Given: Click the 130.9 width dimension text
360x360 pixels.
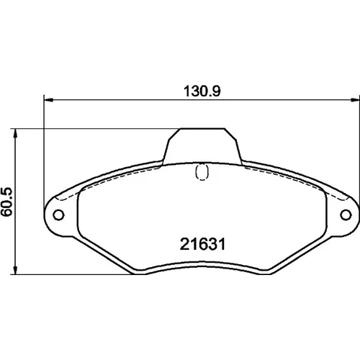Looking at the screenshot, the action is (202, 91).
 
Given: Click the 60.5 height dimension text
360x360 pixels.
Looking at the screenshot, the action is (6, 202).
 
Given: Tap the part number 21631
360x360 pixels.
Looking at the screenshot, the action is (202, 244).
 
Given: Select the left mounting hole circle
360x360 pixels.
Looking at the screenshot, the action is (58, 215).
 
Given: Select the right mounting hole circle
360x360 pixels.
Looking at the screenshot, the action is (346, 215).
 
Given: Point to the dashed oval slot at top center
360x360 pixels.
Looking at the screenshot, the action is (202, 172).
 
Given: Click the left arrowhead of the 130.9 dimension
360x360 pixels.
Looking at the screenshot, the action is (48, 99).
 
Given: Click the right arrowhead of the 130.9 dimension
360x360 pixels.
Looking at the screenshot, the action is (355, 99).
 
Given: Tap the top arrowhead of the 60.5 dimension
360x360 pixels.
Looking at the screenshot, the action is (15, 133).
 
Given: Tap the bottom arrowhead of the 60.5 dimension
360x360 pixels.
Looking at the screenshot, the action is (15, 270).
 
